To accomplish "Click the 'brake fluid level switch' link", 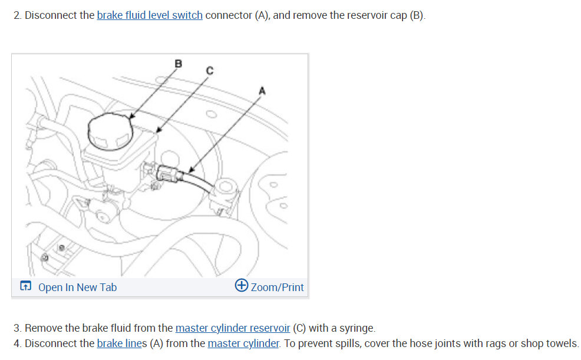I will click(149, 15).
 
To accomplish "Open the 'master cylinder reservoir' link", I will click(232, 328).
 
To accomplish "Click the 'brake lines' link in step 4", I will click(121, 343).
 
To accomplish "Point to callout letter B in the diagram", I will click(179, 63).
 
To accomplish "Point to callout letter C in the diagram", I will click(209, 71).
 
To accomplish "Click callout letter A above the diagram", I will click(262, 91).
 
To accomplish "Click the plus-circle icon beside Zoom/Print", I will click(241, 286).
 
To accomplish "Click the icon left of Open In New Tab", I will click(25, 287).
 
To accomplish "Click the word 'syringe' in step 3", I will click(355, 328).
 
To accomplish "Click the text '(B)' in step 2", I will click(416, 15).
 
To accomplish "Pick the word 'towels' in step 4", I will click(561, 343).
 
